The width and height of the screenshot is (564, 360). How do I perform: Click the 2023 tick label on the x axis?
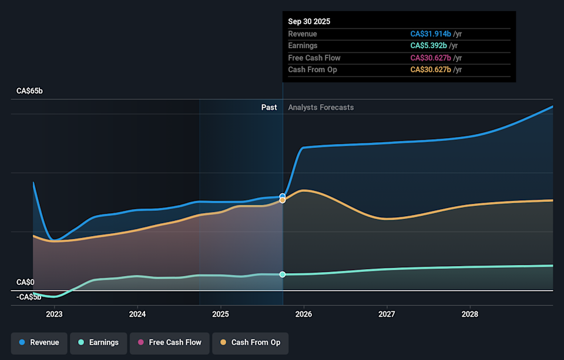pyautogui.click(x=54, y=314)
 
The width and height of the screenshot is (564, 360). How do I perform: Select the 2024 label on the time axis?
pyautogui.click(x=137, y=314)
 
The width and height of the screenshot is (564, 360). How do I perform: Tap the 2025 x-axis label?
pyautogui.click(x=220, y=314)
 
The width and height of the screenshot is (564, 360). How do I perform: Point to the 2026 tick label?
pyautogui.click(x=304, y=314)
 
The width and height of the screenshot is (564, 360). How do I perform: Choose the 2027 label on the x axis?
pyautogui.click(x=387, y=314)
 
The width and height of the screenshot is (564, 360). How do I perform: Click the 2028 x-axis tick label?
pyautogui.click(x=470, y=314)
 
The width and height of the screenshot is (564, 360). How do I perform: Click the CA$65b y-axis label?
pyautogui.click(x=29, y=91)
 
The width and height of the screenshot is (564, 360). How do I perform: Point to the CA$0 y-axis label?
pyautogui.click(x=25, y=282)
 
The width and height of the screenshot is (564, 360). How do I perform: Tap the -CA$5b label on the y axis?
pyautogui.click(x=29, y=297)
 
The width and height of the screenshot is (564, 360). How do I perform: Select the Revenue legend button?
pyautogui.click(x=39, y=342)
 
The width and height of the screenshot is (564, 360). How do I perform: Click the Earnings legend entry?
pyautogui.click(x=98, y=342)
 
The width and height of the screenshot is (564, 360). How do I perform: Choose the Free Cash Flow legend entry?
pyautogui.click(x=169, y=342)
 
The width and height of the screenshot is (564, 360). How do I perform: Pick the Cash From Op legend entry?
pyautogui.click(x=250, y=342)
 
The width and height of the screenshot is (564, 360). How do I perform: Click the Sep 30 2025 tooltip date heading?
pyautogui.click(x=309, y=21)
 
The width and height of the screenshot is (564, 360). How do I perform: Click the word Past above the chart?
pyautogui.click(x=269, y=107)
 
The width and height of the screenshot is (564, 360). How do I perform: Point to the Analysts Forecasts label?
pyautogui.click(x=321, y=107)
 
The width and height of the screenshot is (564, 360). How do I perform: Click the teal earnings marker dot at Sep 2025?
pyautogui.click(x=283, y=274)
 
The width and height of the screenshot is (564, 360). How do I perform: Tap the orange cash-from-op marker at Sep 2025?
pyautogui.click(x=283, y=200)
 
